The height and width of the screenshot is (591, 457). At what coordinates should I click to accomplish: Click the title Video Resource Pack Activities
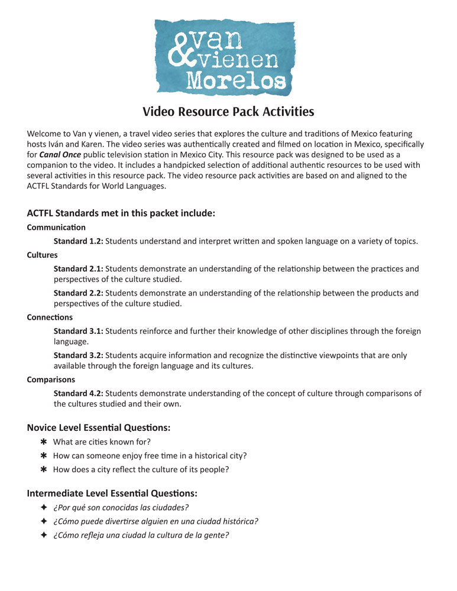pyautogui.click(x=228, y=112)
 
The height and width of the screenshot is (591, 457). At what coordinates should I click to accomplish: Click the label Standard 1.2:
pyautogui.click(x=79, y=241)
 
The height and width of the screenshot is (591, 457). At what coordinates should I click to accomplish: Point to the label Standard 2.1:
pyautogui.click(x=79, y=269)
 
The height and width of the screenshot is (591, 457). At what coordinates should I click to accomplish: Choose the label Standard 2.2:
pyautogui.click(x=79, y=293)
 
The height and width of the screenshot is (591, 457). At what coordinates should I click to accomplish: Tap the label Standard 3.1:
pyautogui.click(x=79, y=332)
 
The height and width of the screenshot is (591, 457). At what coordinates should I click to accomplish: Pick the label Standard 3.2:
pyautogui.click(x=79, y=356)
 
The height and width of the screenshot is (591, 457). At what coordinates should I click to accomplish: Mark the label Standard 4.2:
pyautogui.click(x=79, y=394)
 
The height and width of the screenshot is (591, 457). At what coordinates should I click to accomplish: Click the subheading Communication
pyautogui.click(x=56, y=228)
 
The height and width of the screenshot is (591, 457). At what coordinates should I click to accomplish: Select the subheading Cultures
pyautogui.click(x=43, y=255)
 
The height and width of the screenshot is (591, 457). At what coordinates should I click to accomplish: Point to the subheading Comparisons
pyautogui.click(x=51, y=380)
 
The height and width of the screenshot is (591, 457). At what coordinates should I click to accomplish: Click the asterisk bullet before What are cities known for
pyautogui.click(x=43, y=442)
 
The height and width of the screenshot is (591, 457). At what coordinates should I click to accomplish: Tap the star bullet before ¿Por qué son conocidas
pyautogui.click(x=43, y=508)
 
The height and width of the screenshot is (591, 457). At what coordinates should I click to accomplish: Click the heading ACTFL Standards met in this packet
pyautogui.click(x=121, y=213)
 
